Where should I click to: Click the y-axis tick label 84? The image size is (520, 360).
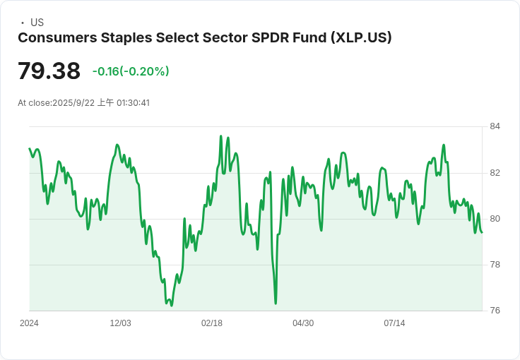pyautogui.click(x=495, y=126)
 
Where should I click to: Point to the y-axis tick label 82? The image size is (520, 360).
pyautogui.click(x=495, y=172)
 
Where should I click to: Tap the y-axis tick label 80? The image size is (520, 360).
pyautogui.click(x=495, y=219)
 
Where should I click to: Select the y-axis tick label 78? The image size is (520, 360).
pyautogui.click(x=495, y=265)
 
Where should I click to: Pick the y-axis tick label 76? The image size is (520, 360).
pyautogui.click(x=495, y=311)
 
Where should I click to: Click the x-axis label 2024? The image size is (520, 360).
pyautogui.click(x=29, y=323)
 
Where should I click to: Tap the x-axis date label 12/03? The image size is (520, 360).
pyautogui.click(x=120, y=323)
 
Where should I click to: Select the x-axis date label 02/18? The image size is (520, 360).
pyautogui.click(x=211, y=323)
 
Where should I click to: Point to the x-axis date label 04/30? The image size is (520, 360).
pyautogui.click(x=302, y=323)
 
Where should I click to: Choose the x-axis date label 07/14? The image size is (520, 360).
pyautogui.click(x=394, y=323)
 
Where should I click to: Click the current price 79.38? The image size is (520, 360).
pyautogui.click(x=49, y=71)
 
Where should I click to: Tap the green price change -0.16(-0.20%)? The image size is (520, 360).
pyautogui.click(x=131, y=71)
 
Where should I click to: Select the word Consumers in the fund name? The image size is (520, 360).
pyautogui.click(x=56, y=37)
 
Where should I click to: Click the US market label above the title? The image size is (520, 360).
pyautogui.click(x=37, y=23)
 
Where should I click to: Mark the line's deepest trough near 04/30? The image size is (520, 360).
pyautogui.click(x=276, y=304)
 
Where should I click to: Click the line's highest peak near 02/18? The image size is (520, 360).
pyautogui.click(x=221, y=136)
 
